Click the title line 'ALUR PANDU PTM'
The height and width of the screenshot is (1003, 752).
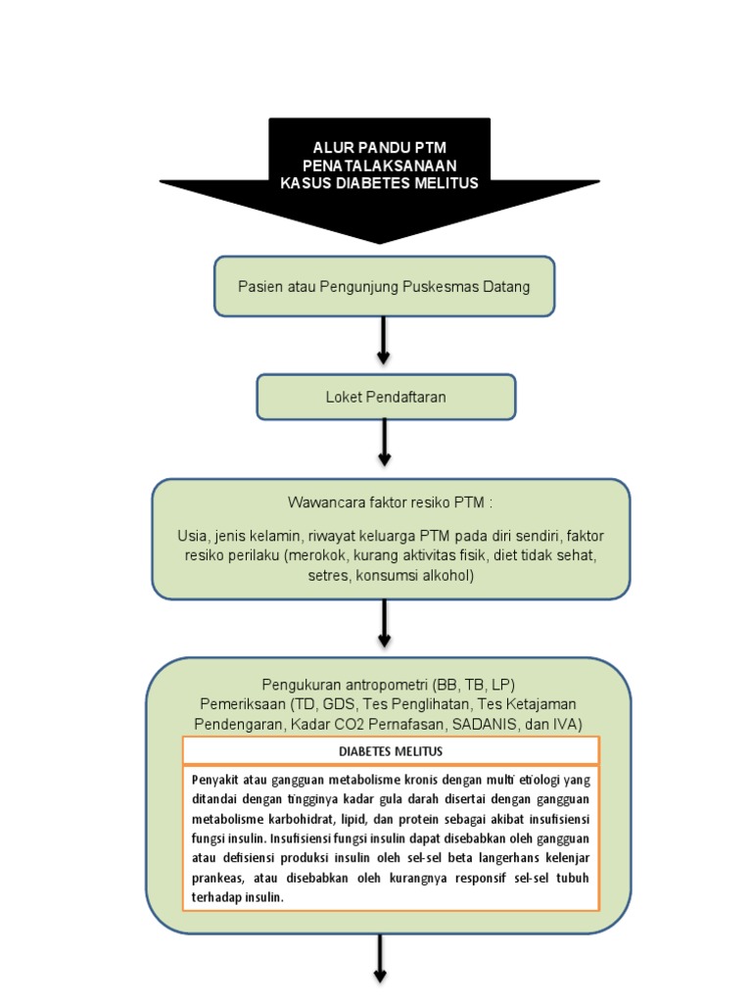pos(379,147)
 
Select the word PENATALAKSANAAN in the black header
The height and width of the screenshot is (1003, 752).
pos(379,165)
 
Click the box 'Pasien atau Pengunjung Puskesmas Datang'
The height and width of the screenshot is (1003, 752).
pos(384,287)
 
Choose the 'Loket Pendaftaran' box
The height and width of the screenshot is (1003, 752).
pos(386,397)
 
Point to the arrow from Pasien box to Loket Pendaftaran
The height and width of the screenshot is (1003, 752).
pos(384,340)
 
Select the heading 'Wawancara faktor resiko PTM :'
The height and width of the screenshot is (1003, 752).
pos(391,502)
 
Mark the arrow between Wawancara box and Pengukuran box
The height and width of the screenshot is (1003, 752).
pos(384,623)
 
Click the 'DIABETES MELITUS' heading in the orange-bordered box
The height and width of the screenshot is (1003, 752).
pos(391,751)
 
